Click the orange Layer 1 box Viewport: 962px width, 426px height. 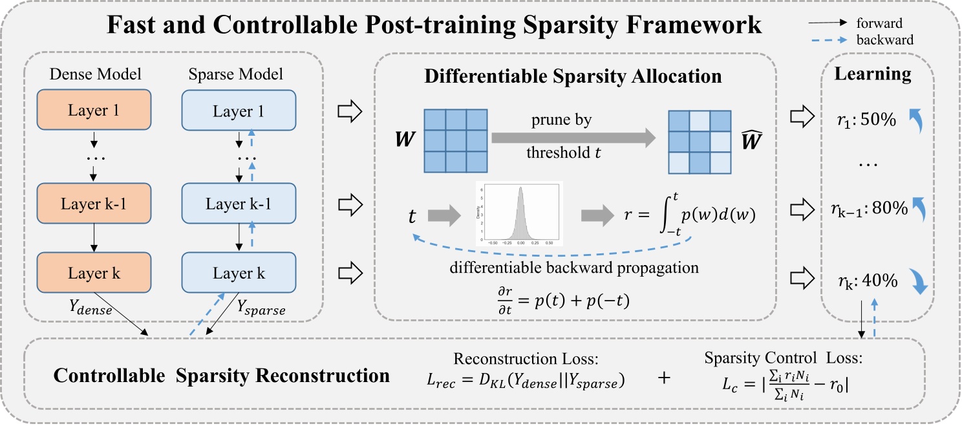94,110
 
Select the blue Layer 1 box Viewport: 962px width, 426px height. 239,112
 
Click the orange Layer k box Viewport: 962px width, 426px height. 94,273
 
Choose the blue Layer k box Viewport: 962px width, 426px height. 239,274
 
